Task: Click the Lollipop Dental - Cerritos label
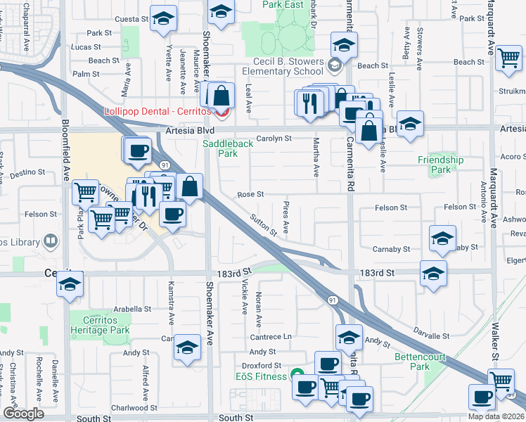click(x=159, y=111)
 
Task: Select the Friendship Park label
click(x=440, y=165)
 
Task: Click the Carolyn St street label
click(x=274, y=139)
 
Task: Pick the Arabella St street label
click(x=128, y=309)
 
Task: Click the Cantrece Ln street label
click(x=270, y=337)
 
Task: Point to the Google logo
click(x=23, y=414)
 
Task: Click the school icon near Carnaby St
click(x=442, y=238)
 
